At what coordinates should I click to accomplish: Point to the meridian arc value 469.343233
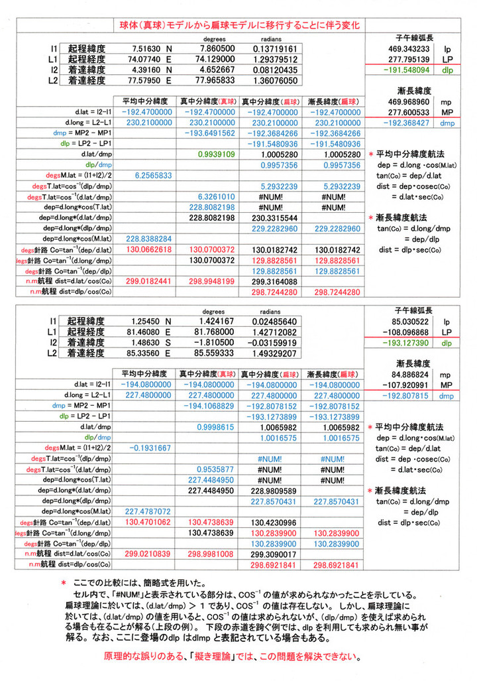click(409, 49)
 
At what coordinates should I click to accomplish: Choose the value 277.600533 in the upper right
click(409, 113)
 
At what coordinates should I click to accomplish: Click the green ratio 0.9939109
click(212, 154)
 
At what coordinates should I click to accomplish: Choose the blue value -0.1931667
click(150, 448)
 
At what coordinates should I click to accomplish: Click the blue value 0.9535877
click(212, 469)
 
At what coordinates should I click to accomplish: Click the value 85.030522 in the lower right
click(409, 321)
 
